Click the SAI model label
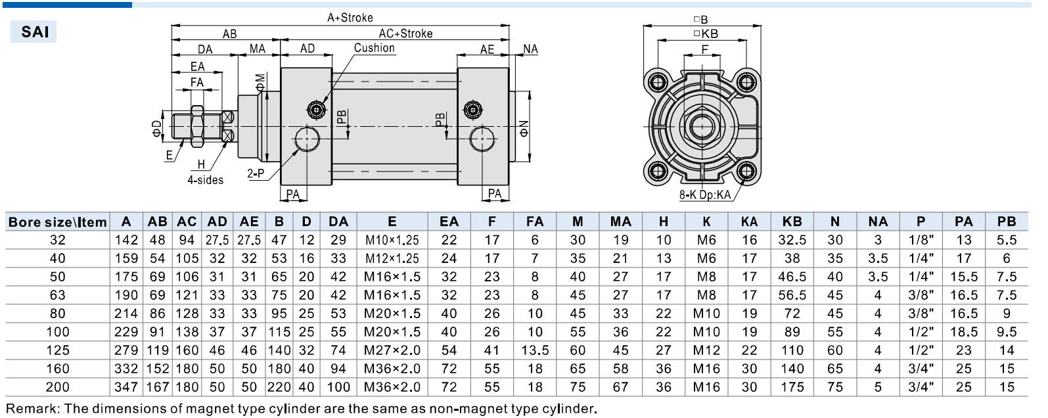(34, 32)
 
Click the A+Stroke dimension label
(350, 18)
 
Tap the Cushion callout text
(374, 48)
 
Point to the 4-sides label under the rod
(205, 180)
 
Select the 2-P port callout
(256, 174)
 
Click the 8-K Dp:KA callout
(704, 195)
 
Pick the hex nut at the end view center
(702, 126)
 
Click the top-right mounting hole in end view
(747, 83)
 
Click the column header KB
(792, 221)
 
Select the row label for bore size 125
(57, 350)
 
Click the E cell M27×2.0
(392, 350)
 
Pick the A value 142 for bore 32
(126, 240)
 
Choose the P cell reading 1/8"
(921, 240)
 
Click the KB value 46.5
(792, 277)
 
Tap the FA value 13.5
(535, 350)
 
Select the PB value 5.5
(1006, 240)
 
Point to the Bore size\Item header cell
(57, 222)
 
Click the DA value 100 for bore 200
(338, 387)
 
